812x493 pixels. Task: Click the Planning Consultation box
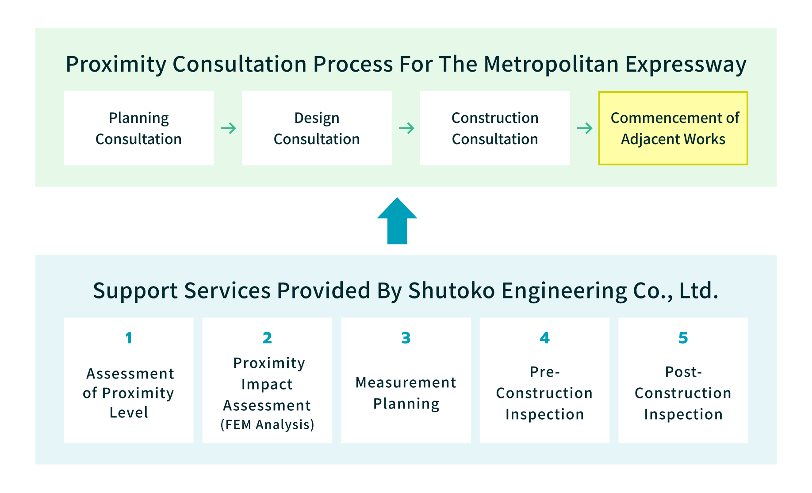tap(138, 128)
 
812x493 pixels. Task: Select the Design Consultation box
tap(317, 128)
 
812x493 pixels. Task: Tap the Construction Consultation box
tap(495, 128)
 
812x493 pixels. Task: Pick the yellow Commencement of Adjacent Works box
tap(673, 128)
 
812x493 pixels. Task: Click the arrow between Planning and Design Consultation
tap(228, 128)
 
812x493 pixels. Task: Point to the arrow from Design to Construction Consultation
tap(406, 128)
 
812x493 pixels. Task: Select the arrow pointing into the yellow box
tap(585, 128)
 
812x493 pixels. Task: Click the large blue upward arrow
tap(397, 221)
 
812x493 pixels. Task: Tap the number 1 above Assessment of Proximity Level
tap(129, 338)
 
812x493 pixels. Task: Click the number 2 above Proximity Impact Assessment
tap(267, 338)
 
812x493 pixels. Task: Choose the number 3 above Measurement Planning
tap(406, 338)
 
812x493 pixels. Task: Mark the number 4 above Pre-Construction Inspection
tap(544, 338)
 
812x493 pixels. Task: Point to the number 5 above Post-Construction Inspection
tap(683, 338)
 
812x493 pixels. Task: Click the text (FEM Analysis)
tap(267, 424)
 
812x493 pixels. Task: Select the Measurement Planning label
tap(406, 393)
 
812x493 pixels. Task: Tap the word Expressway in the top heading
tap(686, 65)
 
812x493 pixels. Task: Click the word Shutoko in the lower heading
tap(452, 291)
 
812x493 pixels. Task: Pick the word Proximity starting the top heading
tap(116, 65)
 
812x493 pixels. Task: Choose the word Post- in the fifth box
tap(683, 372)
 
